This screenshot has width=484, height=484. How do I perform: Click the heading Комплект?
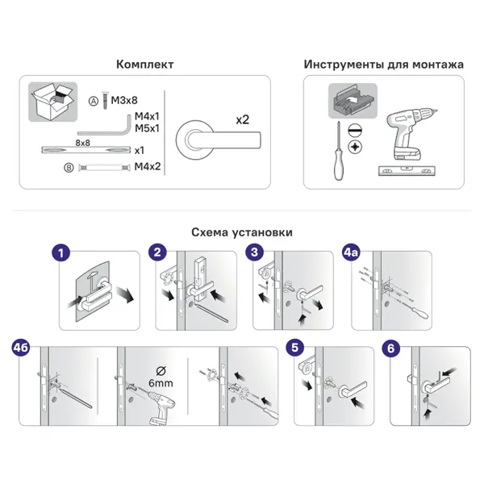click(x=144, y=65)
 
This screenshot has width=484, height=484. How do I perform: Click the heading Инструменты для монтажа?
click(x=384, y=65)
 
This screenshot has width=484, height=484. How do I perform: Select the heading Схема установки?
click(x=242, y=232)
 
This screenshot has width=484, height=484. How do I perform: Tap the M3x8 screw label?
click(x=124, y=100)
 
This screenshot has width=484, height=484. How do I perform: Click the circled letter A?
click(x=94, y=101)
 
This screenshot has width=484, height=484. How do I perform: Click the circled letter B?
click(x=69, y=168)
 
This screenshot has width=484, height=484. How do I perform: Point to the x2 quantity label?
click(x=242, y=119)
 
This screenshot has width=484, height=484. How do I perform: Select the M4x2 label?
click(x=148, y=167)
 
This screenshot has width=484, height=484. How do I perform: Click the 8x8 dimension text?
click(x=83, y=143)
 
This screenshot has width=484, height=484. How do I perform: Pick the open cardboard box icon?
click(x=52, y=102)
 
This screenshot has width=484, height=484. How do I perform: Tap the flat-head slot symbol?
click(x=355, y=130)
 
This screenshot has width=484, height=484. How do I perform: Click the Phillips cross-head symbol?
click(x=355, y=147)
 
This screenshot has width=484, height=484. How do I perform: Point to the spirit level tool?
click(x=407, y=171)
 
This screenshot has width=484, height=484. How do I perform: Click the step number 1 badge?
click(x=60, y=252)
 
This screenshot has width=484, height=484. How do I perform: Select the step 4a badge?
click(x=351, y=252)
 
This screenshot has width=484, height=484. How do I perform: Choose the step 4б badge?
click(x=21, y=348)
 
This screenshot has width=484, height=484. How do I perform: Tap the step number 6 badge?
click(x=390, y=348)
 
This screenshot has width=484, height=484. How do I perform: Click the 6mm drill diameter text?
click(x=161, y=383)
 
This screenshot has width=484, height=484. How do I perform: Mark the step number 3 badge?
click(x=255, y=252)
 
